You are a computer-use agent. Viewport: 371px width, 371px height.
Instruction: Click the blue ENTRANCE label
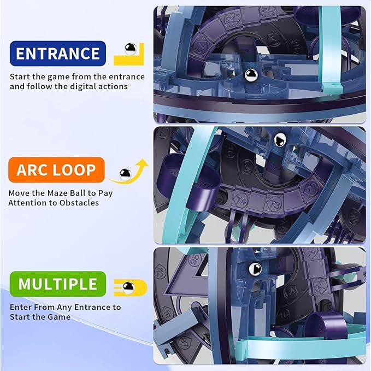(58, 54)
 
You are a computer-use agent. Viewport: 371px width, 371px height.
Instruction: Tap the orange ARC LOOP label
(56, 170)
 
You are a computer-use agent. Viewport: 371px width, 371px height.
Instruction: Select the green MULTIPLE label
(58, 284)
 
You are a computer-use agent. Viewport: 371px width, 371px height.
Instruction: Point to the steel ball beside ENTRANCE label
(131, 49)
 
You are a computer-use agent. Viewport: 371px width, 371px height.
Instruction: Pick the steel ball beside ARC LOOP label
(125, 175)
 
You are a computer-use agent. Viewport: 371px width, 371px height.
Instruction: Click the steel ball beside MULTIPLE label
(128, 288)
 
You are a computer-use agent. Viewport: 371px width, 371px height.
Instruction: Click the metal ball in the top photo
(251, 75)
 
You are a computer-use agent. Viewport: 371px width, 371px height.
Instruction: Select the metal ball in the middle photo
(280, 139)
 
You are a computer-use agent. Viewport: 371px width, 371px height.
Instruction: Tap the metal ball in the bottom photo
(255, 269)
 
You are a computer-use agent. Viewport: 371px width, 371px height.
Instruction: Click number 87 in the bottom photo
(184, 343)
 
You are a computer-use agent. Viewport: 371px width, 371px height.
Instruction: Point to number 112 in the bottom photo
(158, 271)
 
